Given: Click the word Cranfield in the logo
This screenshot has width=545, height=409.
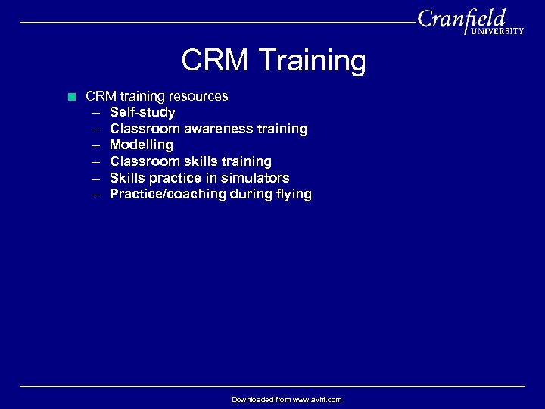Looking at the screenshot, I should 461,18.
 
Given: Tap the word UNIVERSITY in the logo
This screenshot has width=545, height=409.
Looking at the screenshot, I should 497,31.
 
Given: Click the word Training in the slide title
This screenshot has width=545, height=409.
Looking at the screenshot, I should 312,61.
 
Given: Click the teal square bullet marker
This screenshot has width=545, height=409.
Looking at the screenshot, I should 72,96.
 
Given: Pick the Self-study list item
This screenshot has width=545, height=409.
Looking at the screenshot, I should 142,112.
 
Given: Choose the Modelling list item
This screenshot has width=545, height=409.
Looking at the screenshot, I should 142,145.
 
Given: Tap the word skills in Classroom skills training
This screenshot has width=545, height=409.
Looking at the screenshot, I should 198,161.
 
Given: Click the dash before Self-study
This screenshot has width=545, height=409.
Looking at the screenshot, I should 97,113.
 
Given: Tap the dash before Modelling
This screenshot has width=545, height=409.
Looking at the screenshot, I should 97,145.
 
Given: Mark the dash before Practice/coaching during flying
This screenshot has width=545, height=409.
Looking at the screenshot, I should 97,195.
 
